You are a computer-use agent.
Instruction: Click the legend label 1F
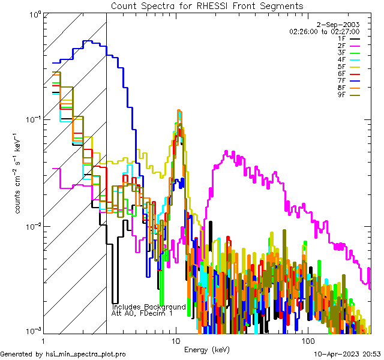click(x=341, y=38)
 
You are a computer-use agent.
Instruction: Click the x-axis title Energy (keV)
click(x=206, y=349)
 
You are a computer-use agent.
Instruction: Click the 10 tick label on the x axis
click(x=175, y=340)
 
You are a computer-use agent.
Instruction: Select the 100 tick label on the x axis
click(x=307, y=340)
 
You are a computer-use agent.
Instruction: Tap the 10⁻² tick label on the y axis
click(x=32, y=226)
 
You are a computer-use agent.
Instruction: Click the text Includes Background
click(x=149, y=307)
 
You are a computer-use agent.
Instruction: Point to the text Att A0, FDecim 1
click(x=142, y=313)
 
